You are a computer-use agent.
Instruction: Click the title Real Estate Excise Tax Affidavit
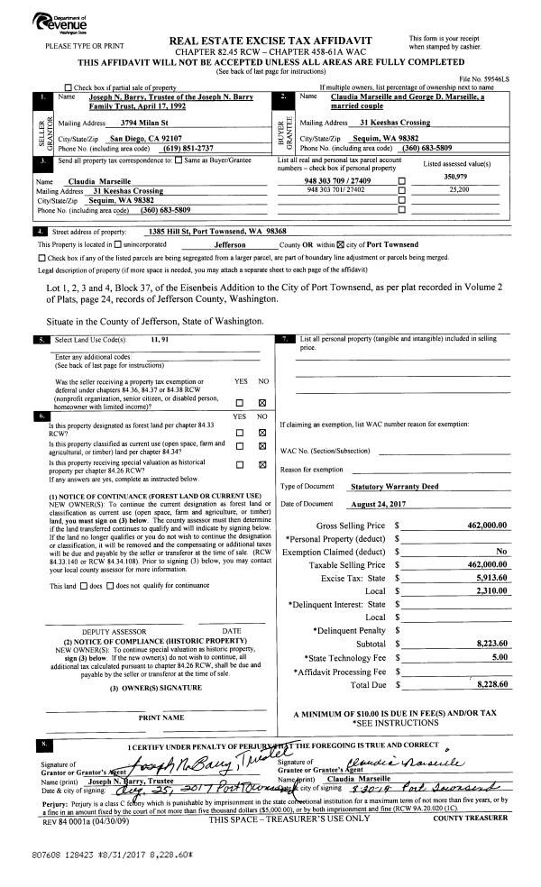point(270,41)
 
